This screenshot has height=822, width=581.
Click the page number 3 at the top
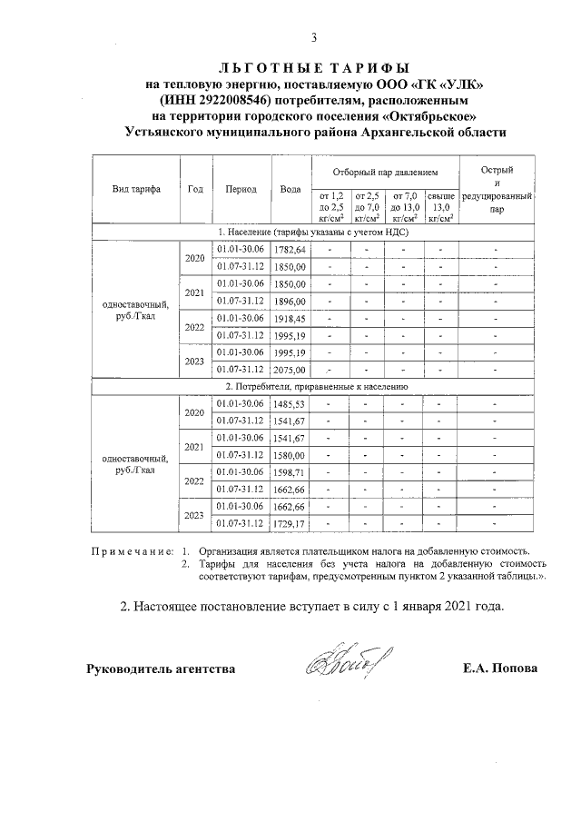(x=314, y=37)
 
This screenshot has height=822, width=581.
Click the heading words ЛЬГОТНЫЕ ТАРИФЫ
(x=314, y=68)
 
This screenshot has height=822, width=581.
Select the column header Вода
(x=290, y=190)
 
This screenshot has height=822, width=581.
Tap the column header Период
(x=241, y=190)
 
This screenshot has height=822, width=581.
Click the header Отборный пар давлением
(x=385, y=171)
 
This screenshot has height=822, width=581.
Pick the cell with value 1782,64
(x=290, y=250)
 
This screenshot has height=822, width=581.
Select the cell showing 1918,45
(x=290, y=319)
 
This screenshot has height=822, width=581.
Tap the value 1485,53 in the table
(x=290, y=404)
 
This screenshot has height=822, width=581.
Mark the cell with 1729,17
(x=290, y=524)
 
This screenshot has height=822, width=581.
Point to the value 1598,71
(x=290, y=473)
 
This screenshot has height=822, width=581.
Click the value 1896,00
(x=290, y=302)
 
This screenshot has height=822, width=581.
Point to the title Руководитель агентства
(x=161, y=669)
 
